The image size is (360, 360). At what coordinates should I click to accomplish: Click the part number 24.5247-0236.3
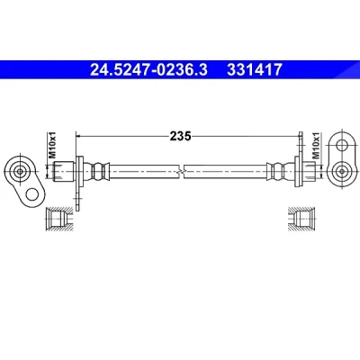pyautogui.click(x=148, y=69)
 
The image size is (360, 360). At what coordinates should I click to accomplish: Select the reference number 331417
pyautogui.click(x=255, y=69)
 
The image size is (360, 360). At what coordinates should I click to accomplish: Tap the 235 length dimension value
pyautogui.click(x=180, y=136)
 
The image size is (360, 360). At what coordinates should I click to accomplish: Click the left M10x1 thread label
pyautogui.click(x=53, y=146)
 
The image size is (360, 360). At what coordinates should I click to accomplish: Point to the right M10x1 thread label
pyautogui.click(x=317, y=146)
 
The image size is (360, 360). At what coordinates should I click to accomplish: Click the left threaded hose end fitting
pyautogui.click(x=64, y=171)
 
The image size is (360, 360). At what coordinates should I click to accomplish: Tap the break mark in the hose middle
pyautogui.click(x=181, y=172)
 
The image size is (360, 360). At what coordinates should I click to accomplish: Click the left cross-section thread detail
pyautogui.click(x=58, y=219)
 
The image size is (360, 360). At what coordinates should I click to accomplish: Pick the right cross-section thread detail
pyautogui.click(x=301, y=219)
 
